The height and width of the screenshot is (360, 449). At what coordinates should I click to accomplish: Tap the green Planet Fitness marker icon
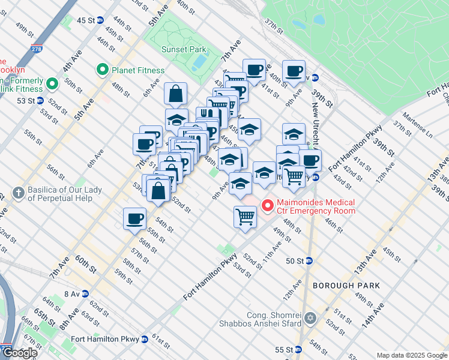click(x=102, y=70)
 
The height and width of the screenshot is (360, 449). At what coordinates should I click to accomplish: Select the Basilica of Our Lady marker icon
click(x=19, y=194)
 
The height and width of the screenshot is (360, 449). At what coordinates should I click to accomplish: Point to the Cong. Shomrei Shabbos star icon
click(x=310, y=318)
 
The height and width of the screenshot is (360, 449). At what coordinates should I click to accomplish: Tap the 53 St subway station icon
click(x=40, y=101)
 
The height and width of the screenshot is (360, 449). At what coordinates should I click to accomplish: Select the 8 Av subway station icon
click(x=85, y=294)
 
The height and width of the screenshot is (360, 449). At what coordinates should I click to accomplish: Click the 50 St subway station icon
click(x=309, y=261)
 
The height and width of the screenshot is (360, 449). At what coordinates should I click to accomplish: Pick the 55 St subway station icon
click(x=297, y=349)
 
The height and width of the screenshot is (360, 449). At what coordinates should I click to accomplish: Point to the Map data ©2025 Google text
click(x=412, y=355)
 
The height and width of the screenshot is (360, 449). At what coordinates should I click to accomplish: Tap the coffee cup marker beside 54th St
click(x=135, y=218)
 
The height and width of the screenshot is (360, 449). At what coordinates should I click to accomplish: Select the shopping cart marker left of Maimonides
click(x=245, y=215)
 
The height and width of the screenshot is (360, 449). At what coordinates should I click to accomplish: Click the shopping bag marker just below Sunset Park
click(x=176, y=94)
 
